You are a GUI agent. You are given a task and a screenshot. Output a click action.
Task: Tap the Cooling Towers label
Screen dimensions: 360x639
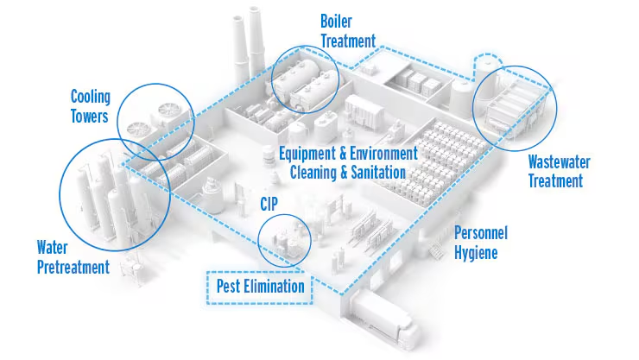[x=90, y=104]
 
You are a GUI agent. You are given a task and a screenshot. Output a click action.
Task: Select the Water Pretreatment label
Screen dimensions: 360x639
[x=73, y=258]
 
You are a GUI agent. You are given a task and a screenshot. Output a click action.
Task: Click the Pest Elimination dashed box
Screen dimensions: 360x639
[x=256, y=286]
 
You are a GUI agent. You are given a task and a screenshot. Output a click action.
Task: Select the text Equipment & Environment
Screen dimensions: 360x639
[x=348, y=154]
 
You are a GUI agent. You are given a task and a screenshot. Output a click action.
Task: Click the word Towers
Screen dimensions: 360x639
[x=90, y=114]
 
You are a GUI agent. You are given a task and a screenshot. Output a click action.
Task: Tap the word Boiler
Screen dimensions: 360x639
[x=337, y=20]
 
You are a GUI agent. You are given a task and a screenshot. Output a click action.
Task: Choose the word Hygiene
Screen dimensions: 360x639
[x=476, y=252]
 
